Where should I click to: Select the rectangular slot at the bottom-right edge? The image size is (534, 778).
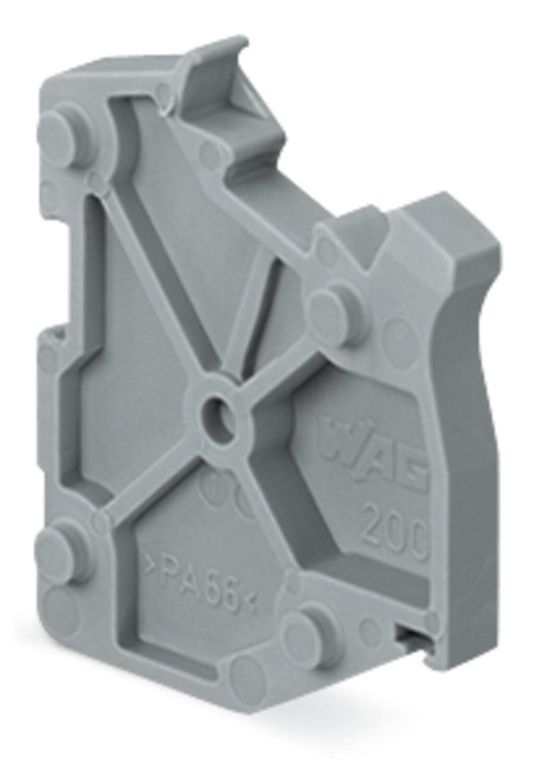click(412, 636)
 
